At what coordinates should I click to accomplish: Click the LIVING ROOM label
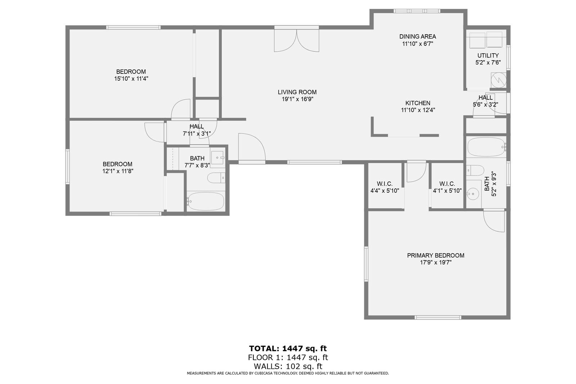point(297,92)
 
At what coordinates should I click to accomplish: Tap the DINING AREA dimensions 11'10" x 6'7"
point(417,44)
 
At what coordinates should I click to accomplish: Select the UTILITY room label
point(488,55)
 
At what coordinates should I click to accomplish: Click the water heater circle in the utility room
point(499,80)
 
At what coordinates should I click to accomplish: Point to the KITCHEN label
point(418,103)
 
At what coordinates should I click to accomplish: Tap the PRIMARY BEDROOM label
point(436,255)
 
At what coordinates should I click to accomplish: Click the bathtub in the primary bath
point(486,147)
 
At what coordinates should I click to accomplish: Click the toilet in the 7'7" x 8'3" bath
point(216,178)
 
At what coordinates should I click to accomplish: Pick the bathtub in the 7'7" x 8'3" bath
point(206,201)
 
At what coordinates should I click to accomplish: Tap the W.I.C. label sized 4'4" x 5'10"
point(384,184)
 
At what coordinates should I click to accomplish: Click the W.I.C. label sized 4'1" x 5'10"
point(447,184)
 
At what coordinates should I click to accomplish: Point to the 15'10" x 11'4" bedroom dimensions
point(131,79)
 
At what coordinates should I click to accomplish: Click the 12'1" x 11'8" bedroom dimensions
point(117,171)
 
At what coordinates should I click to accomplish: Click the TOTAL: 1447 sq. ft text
point(288,348)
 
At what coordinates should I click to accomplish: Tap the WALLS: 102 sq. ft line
point(288,366)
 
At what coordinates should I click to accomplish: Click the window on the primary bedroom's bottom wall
point(437,317)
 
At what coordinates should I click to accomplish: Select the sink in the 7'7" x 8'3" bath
point(217,157)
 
